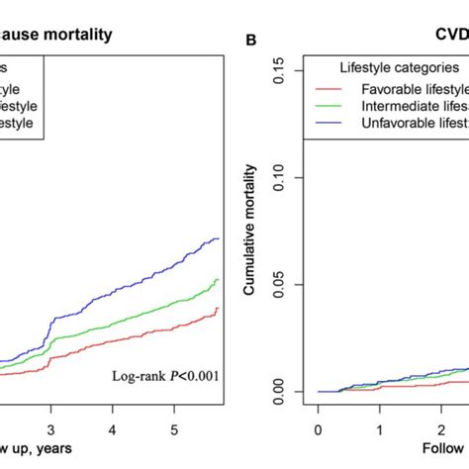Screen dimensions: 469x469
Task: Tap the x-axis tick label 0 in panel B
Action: click(318, 431)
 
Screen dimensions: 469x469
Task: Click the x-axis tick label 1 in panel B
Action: click(379, 431)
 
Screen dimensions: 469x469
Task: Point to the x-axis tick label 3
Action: click(52, 431)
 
